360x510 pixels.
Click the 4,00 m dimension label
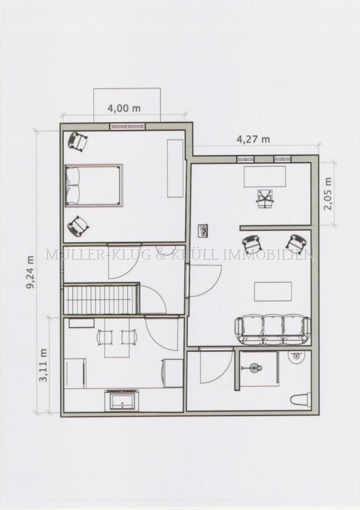(124, 108)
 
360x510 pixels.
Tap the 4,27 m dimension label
(253, 139)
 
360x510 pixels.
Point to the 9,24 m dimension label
(30, 272)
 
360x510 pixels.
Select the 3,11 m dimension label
(43, 365)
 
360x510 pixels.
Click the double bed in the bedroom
(94, 186)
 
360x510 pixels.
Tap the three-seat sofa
(273, 330)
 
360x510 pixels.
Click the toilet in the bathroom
(301, 400)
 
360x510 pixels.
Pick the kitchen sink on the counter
(122, 401)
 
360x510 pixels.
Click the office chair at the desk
(265, 199)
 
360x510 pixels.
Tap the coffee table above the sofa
(273, 292)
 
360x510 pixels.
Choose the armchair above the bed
(77, 141)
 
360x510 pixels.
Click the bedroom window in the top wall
(127, 127)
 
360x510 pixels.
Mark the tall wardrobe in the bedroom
(175, 168)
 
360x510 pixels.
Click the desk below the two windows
(265, 176)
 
